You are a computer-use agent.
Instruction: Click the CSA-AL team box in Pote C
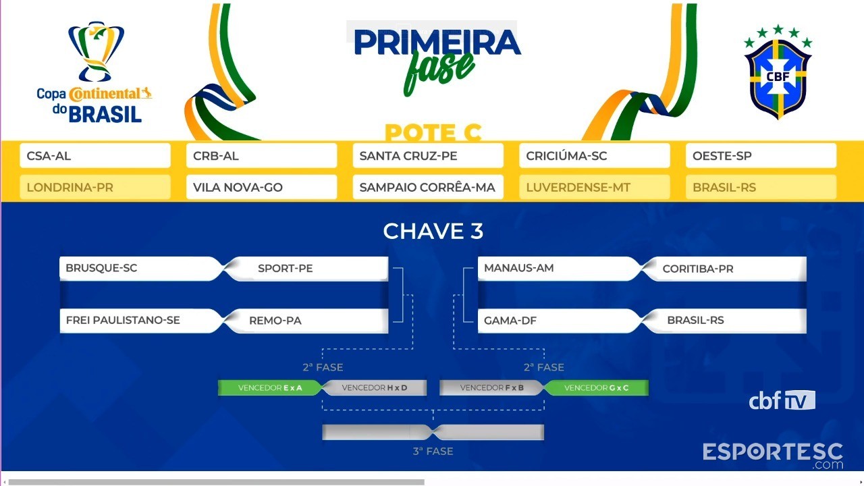pos(95,155)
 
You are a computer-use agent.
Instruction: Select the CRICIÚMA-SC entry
pos(595,155)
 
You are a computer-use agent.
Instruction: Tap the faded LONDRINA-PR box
pos(95,187)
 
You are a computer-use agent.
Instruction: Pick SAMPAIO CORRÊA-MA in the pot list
pos(428,187)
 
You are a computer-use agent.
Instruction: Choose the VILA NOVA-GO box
pos(261,187)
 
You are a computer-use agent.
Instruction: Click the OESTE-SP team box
pos(761,155)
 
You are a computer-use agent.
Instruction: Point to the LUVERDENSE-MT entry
pos(595,187)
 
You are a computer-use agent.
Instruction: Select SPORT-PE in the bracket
pos(306,269)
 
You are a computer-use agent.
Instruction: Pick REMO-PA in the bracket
pos(306,321)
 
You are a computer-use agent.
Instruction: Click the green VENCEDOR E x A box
pos(269,387)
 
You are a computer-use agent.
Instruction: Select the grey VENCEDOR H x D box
pos(375,387)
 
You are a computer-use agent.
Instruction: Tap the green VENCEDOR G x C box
pos(596,387)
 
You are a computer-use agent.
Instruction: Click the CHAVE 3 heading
pos(433,231)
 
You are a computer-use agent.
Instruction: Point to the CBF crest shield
pos(778,79)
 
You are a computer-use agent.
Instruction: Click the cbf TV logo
pos(782,400)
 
